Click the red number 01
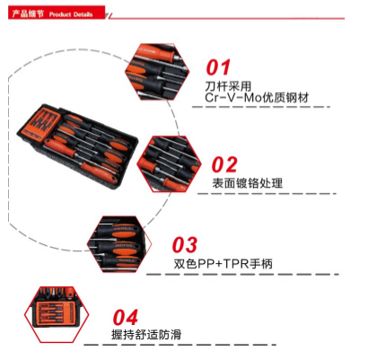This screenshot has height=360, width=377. [x=218, y=67]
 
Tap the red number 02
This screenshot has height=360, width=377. [x=224, y=164]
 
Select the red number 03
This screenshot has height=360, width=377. [x=185, y=245]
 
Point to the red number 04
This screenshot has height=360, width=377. [x=126, y=317]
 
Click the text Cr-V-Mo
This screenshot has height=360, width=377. [x=233, y=98]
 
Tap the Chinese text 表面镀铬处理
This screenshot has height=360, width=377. [x=248, y=183]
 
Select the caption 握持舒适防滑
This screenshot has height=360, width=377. [x=146, y=334]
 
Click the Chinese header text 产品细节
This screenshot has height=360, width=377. [x=28, y=13]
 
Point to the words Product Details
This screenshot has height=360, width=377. [x=71, y=14]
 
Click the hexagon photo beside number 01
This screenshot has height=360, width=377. [x=157, y=72]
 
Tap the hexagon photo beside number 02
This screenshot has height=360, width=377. [x=169, y=163]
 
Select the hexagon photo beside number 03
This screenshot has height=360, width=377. [x=119, y=244]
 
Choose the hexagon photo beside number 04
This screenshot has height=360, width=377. [x=57, y=314]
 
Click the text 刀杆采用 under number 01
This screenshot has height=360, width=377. [x=228, y=86]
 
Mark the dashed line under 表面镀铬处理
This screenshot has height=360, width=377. [x=267, y=194]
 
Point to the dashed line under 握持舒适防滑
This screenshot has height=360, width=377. [x=180, y=345]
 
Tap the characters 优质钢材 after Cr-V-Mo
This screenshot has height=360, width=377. [x=285, y=98]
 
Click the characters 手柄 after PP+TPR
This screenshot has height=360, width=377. [x=261, y=264]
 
